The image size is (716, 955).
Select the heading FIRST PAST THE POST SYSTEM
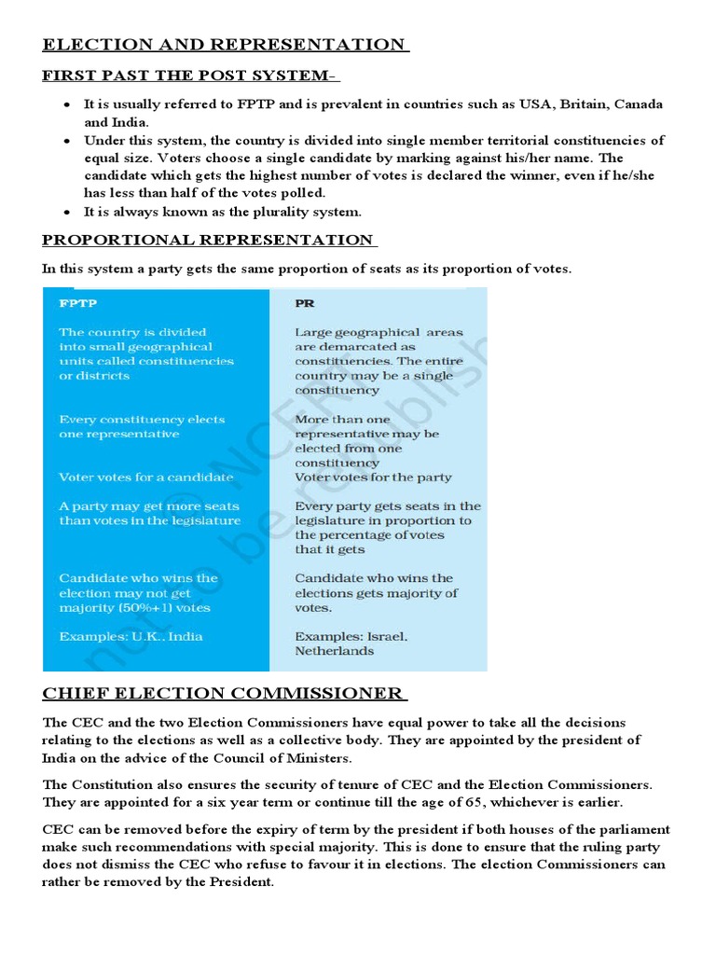pyautogui.click(x=189, y=76)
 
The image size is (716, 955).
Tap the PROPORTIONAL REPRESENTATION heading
pyautogui.click(x=208, y=240)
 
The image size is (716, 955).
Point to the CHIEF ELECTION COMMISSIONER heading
pyautogui.click(x=223, y=693)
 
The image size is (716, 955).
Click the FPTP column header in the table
pyautogui.click(x=78, y=303)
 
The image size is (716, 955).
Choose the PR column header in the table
pyautogui.click(x=304, y=303)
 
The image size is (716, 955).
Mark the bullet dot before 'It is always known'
pyautogui.click(x=67, y=212)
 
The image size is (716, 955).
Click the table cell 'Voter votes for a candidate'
pyautogui.click(x=145, y=477)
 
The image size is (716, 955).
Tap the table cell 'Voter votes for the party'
pyautogui.click(x=373, y=477)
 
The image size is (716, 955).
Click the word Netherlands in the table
pyautogui.click(x=335, y=651)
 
